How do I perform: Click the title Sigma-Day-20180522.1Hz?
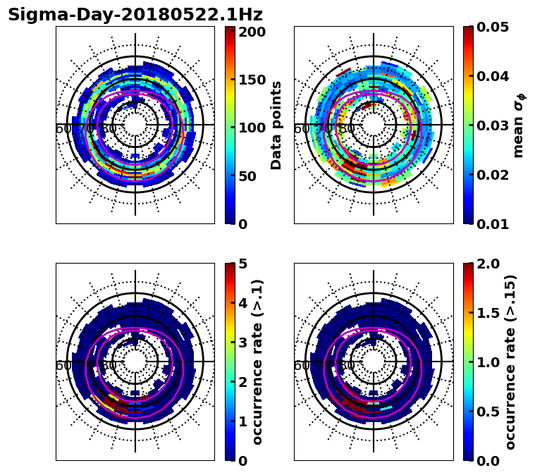(135, 15)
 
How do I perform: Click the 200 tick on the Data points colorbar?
(252, 32)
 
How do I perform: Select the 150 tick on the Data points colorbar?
(252, 80)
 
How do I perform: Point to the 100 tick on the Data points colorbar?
(252, 128)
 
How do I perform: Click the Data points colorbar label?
(276, 125)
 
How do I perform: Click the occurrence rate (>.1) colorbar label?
(258, 362)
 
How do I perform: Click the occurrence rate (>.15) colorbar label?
(510, 362)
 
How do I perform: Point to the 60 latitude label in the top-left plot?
(63, 129)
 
